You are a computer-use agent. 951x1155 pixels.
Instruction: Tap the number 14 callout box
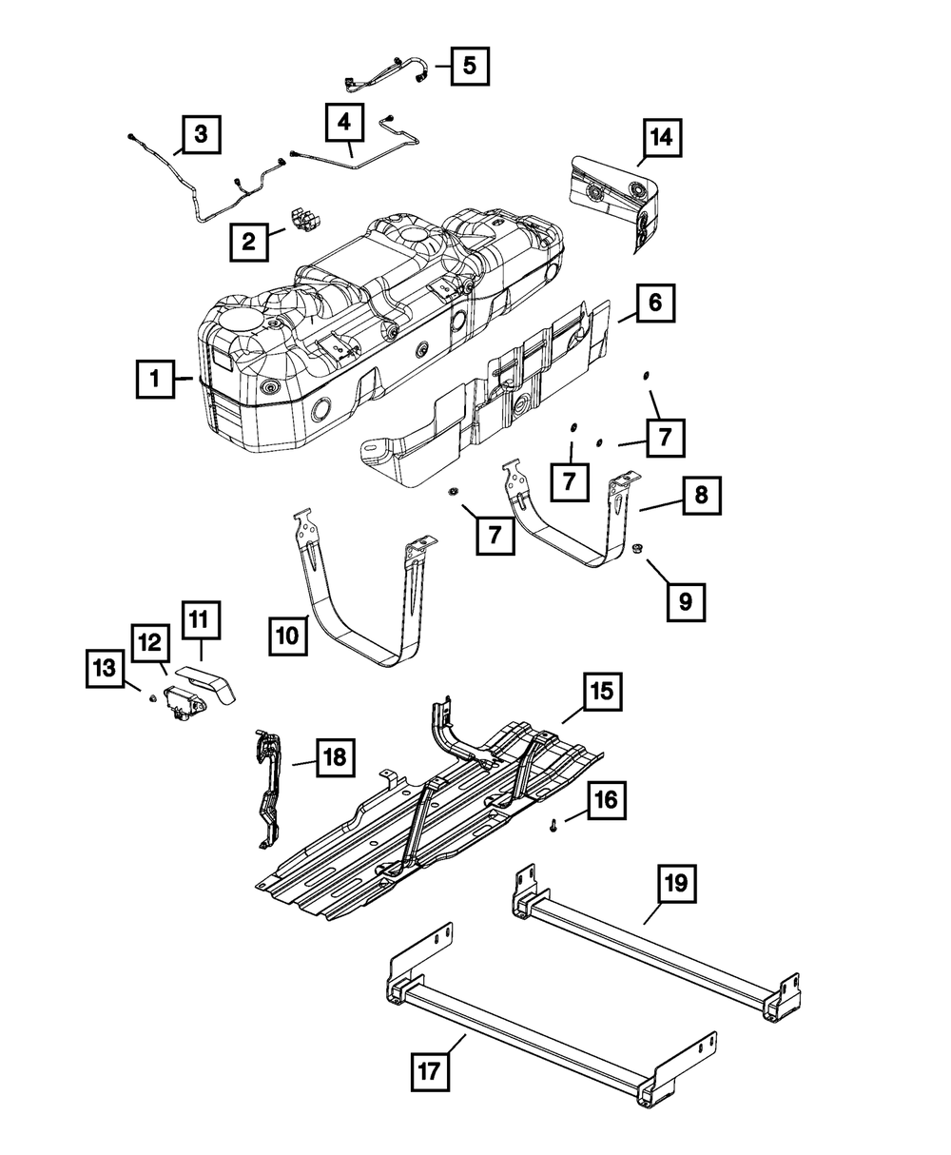pos(660,139)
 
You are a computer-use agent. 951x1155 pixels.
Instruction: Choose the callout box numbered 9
pos(687,601)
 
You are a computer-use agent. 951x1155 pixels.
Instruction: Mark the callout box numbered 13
pos(104,669)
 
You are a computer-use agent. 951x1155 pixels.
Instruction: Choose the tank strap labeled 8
pos(571,533)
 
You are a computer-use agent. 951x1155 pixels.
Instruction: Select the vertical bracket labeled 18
pos(268,785)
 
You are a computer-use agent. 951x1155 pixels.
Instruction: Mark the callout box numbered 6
pos(656,305)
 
